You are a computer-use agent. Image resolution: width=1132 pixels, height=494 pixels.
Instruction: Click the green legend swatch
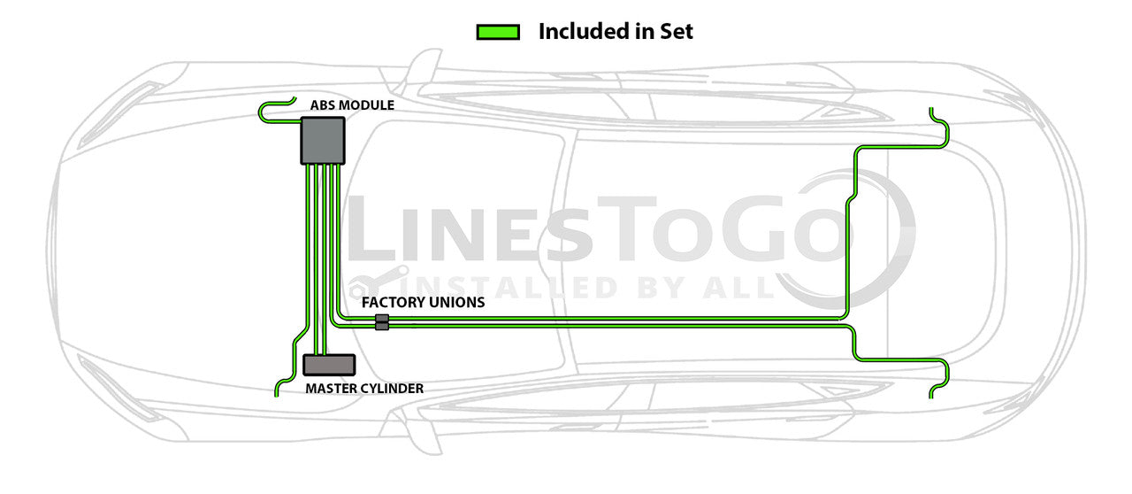click(x=496, y=32)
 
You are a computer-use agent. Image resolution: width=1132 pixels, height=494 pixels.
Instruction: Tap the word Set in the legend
click(x=676, y=32)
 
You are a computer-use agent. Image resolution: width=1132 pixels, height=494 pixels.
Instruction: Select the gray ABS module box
click(x=322, y=141)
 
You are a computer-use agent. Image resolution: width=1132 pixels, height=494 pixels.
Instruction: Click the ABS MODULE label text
click(x=352, y=105)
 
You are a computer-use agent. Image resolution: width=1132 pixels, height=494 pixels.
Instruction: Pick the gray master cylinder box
click(x=329, y=365)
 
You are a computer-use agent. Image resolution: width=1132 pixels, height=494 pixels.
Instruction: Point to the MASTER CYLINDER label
click(x=364, y=388)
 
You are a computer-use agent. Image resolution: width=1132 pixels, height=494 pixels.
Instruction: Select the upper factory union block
click(x=382, y=318)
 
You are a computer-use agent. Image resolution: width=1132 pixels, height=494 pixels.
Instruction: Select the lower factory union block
click(x=382, y=327)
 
